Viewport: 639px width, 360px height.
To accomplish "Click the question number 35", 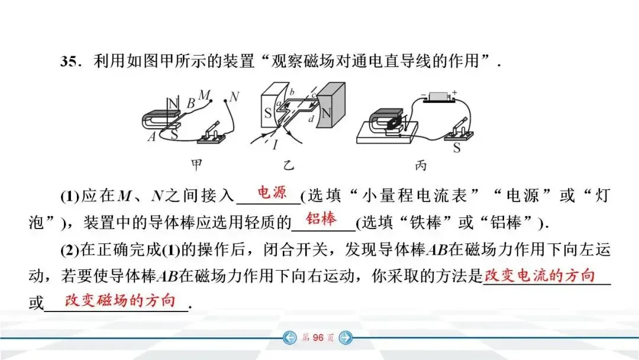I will pyautogui.click(x=70, y=62).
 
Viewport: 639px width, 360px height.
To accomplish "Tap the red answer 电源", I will pyautogui.click(x=272, y=192).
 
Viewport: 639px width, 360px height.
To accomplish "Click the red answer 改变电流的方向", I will pyautogui.click(x=539, y=275).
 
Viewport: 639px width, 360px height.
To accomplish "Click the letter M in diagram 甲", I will pyautogui.click(x=205, y=95).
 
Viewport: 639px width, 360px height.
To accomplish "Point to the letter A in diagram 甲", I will pyautogui.click(x=151, y=137).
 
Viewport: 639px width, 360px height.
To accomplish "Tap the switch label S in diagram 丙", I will pyautogui.click(x=457, y=148).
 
